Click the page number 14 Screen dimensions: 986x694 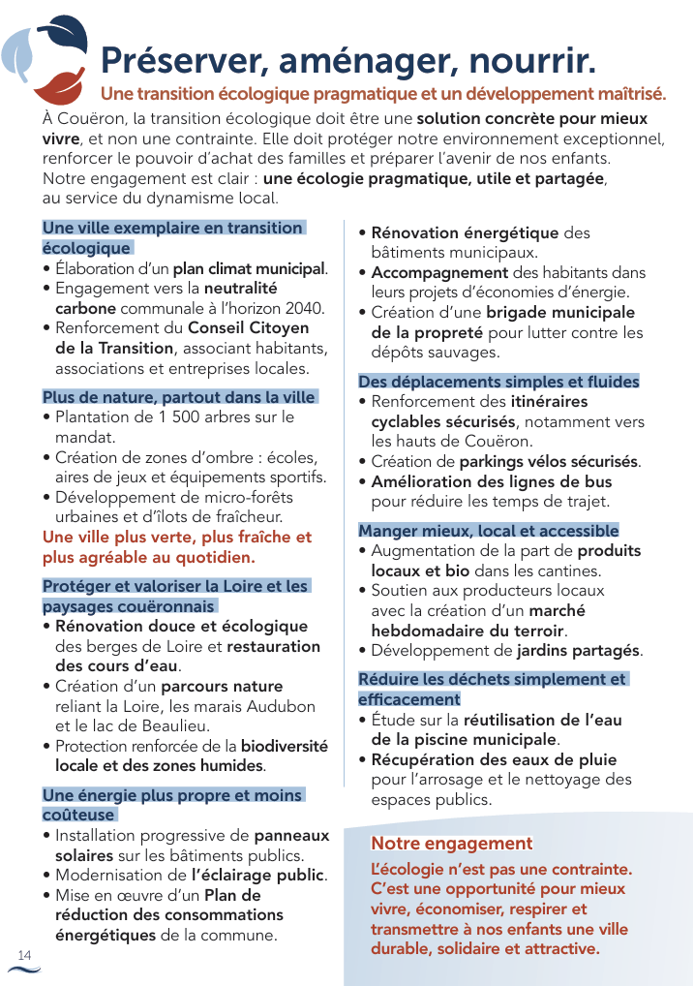(x=24, y=955)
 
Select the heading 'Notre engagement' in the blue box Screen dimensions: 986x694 (x=452, y=844)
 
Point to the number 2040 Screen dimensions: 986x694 (x=302, y=308)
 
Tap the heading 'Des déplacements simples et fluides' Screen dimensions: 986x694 (x=498, y=382)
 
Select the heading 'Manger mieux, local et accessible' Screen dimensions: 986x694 (x=488, y=531)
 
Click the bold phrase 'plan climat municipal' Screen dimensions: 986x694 (x=250, y=268)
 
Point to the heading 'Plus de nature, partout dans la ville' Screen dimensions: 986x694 (x=179, y=397)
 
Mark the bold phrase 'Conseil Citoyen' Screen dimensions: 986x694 (x=249, y=328)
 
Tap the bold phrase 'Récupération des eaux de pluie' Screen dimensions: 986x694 (x=494, y=759)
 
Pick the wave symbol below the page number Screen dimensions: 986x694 (x=24, y=969)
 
